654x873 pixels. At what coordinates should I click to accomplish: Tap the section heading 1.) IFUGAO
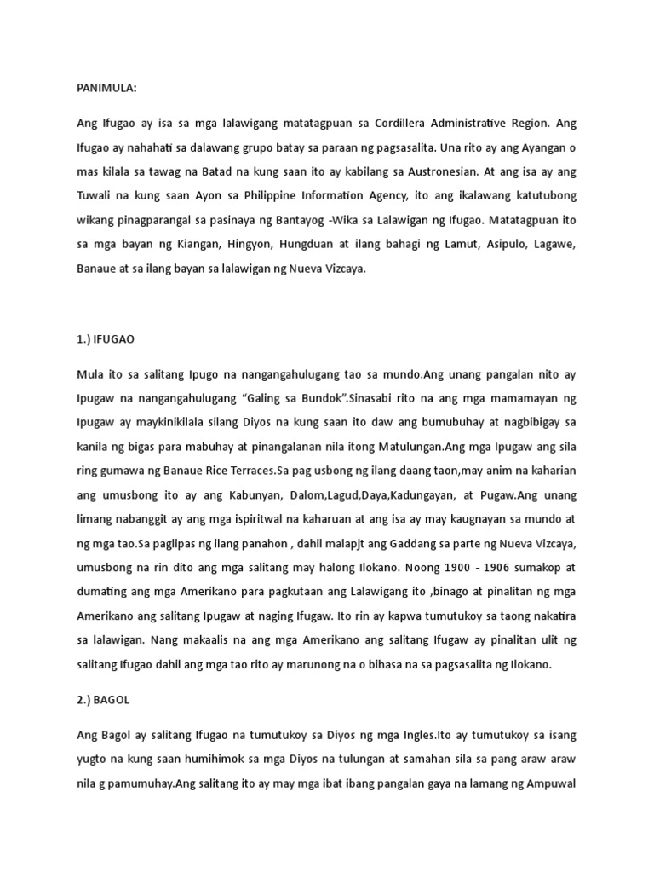point(106,338)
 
